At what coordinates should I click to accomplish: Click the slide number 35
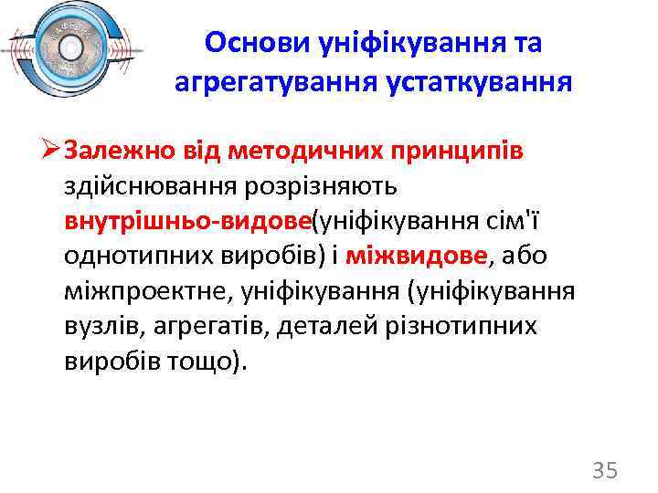(x=605, y=471)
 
